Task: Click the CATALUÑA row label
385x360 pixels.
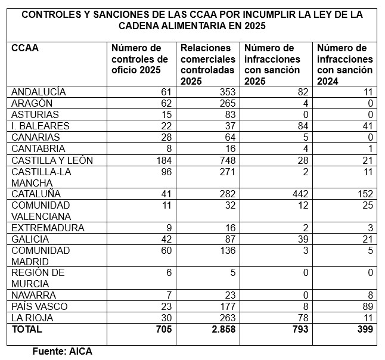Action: tap(36, 194)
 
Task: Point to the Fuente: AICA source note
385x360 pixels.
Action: tap(62, 351)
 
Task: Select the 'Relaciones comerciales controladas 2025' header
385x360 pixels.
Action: tap(206, 64)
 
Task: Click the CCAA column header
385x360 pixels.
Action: tap(25, 48)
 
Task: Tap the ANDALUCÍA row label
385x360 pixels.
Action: tap(39, 92)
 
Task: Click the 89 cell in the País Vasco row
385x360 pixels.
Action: tap(367, 306)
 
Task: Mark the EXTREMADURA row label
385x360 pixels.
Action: tap(48, 228)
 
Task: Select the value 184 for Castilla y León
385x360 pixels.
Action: tap(163, 160)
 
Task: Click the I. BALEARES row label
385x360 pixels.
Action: tap(41, 126)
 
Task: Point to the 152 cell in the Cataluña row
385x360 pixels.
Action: tap(364, 194)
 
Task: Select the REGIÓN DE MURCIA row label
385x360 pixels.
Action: tap(39, 278)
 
